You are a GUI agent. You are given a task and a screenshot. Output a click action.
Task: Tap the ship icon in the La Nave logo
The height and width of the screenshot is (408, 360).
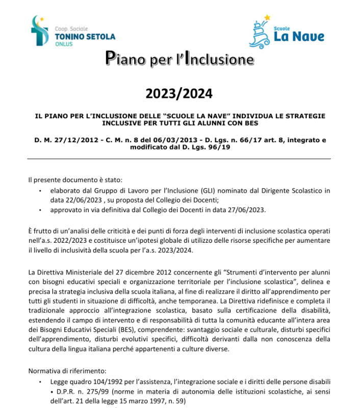(261, 32)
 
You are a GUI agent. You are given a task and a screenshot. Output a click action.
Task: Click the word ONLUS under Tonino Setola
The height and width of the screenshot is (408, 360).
(64, 44)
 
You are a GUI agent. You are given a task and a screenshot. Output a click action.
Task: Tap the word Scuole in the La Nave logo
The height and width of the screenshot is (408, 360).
(281, 29)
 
